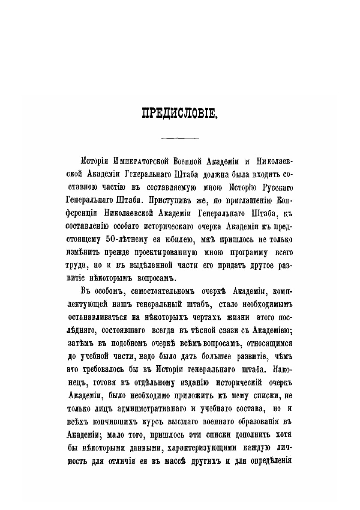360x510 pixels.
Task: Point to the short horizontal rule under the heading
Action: coord(180,138)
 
